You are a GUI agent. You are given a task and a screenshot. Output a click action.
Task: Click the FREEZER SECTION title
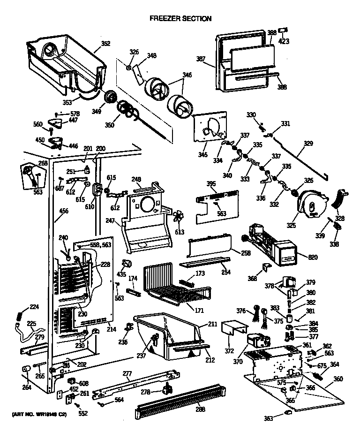pyautogui.click(x=180, y=19)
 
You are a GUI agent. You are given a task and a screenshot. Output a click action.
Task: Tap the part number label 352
pyautogui.click(x=105, y=44)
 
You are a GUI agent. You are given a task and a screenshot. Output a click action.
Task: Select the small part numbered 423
pyautogui.click(x=283, y=30)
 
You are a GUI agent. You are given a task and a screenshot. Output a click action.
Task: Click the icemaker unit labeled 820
pyautogui.click(x=286, y=256)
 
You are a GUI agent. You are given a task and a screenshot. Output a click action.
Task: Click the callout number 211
pyautogui.click(x=212, y=324)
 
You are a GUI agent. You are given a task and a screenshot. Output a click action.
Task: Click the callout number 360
pyautogui.click(x=338, y=379)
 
